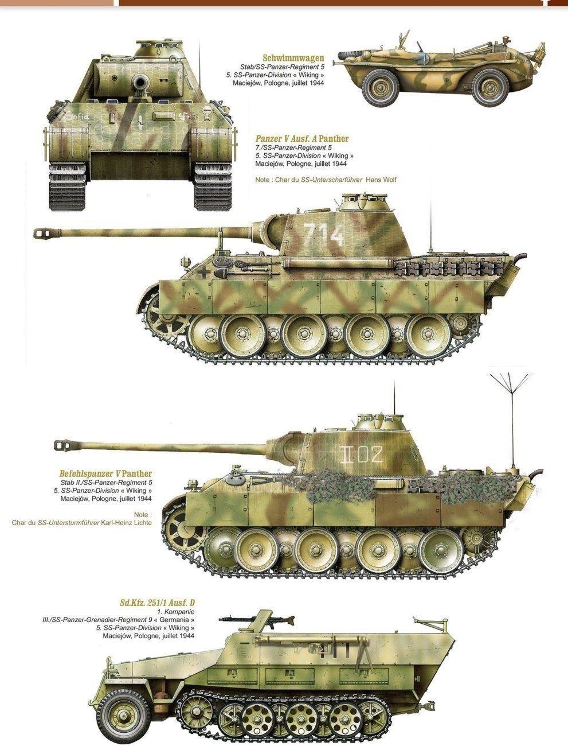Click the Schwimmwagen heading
tap(293, 58)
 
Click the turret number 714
tap(324, 234)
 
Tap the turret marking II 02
tap(361, 454)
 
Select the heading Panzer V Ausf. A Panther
tap(301, 139)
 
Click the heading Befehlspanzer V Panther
tap(105, 473)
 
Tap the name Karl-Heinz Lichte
tap(126, 522)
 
